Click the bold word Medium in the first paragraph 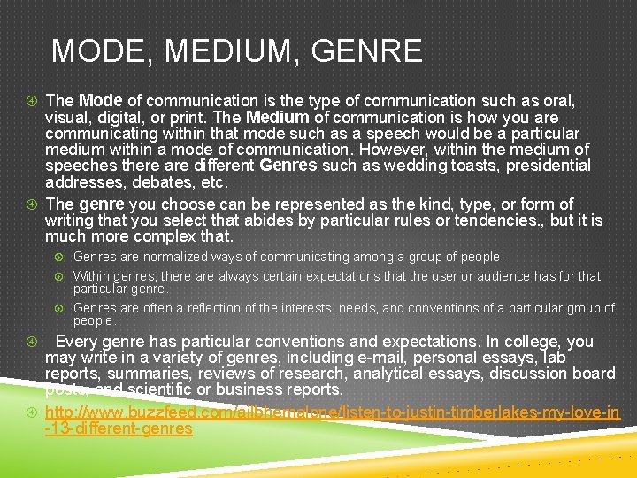(x=278, y=117)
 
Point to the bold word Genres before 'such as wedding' (x=288, y=166)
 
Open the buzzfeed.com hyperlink (x=332, y=412)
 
